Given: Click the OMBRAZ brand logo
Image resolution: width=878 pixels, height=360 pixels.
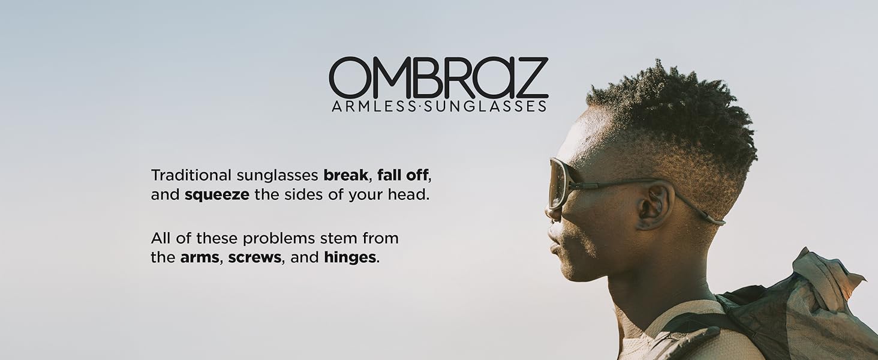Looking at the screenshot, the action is click(x=438, y=77).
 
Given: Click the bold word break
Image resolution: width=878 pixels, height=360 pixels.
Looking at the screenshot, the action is click(x=345, y=175).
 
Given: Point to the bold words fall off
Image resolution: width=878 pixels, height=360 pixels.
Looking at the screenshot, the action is click(x=402, y=175).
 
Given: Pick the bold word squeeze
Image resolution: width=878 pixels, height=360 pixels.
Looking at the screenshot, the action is click(x=217, y=195).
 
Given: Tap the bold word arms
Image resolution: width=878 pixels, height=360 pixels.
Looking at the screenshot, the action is click(x=200, y=257).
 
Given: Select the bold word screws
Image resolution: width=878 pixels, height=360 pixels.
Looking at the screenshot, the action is click(x=255, y=257).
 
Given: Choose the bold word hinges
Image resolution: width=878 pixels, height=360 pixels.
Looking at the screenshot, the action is click(x=350, y=257).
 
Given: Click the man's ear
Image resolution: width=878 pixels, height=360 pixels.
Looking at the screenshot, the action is click(x=653, y=206).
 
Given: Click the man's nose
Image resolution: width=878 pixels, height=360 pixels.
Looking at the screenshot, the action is click(x=551, y=212).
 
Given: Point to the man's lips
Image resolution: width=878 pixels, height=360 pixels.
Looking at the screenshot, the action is click(x=554, y=247).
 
